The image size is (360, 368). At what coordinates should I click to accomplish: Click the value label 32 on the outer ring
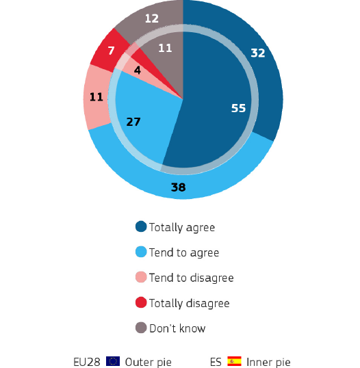coord(257,53)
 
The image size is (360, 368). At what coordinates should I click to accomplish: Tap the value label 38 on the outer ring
coord(177,186)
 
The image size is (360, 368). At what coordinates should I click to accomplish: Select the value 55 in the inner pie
coord(239,108)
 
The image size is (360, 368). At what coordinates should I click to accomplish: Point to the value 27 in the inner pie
coord(134,122)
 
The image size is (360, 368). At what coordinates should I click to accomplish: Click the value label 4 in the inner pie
coord(138,70)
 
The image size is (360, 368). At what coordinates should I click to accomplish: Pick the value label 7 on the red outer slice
coord(111,51)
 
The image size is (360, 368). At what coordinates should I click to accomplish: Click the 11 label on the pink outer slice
coord(96,97)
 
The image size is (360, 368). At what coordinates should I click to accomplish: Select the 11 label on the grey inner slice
coord(165,48)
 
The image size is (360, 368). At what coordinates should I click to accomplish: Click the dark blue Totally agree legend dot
coord(141,226)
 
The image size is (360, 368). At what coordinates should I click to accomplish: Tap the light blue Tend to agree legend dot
coord(141,252)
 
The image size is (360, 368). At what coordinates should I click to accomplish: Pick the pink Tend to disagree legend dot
coord(141,277)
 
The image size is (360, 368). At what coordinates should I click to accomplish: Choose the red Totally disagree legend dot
coord(141,302)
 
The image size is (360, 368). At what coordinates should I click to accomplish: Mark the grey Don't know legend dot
coord(141,328)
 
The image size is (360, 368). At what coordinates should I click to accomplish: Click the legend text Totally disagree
coord(189,303)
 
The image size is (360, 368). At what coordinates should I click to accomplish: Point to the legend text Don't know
coord(177,328)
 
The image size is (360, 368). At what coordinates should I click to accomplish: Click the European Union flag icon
coord(114,361)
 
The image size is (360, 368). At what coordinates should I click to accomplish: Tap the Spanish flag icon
coord(235,361)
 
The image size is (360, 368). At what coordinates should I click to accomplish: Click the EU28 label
coord(88,361)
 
